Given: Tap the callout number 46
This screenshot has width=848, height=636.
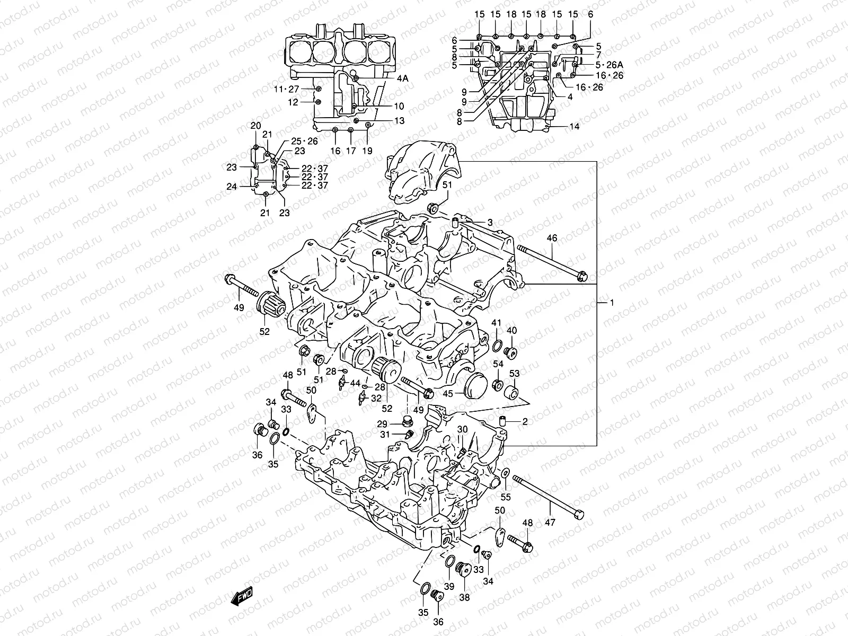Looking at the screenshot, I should tap(552, 238).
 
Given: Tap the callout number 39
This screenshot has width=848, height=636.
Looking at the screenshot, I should tap(449, 586).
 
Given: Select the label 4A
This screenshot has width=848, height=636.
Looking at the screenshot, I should tap(402, 78).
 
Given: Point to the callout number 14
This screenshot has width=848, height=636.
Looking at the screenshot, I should tap(575, 127).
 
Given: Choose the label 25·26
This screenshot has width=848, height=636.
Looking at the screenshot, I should tap(304, 141).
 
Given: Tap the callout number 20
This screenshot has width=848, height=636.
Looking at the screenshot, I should tap(255, 126).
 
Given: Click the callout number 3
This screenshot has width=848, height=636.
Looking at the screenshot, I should tap(490, 223).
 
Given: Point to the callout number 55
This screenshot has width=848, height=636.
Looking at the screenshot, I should tap(506, 497).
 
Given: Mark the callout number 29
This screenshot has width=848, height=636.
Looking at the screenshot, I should tap(382, 424).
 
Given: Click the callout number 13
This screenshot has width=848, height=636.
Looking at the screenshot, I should tap(399, 121).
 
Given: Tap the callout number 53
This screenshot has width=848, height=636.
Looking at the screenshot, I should tap(514, 374).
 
